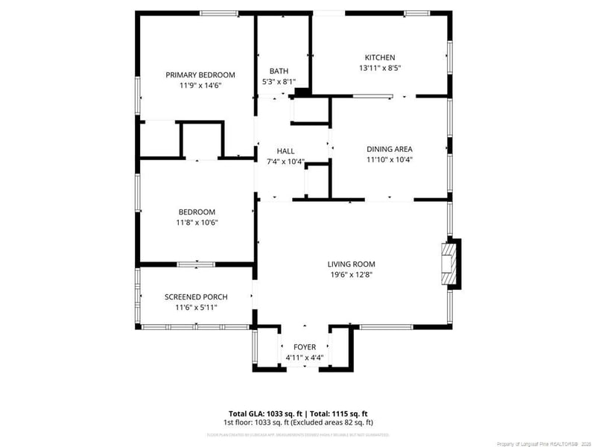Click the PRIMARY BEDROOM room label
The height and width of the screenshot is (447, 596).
point(200,74)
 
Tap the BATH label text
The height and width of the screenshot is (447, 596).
point(279,72)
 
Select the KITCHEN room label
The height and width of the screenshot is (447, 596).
point(379,57)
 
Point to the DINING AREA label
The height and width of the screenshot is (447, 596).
point(389,148)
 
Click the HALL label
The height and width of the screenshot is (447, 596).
point(285,150)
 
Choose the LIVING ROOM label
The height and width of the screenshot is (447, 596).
point(351,264)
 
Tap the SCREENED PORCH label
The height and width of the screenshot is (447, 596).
point(196,297)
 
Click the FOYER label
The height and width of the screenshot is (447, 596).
point(305,347)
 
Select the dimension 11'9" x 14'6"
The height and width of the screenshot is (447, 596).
point(200,85)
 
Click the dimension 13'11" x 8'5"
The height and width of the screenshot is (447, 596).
point(380,68)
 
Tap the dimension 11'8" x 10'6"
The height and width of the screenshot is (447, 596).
point(196,222)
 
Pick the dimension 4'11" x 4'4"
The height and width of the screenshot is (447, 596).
point(305,358)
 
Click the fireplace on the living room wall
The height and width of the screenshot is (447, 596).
point(449,264)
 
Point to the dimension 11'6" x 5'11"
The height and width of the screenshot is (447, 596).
point(196,307)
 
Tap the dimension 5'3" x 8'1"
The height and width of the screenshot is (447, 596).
point(279,81)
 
